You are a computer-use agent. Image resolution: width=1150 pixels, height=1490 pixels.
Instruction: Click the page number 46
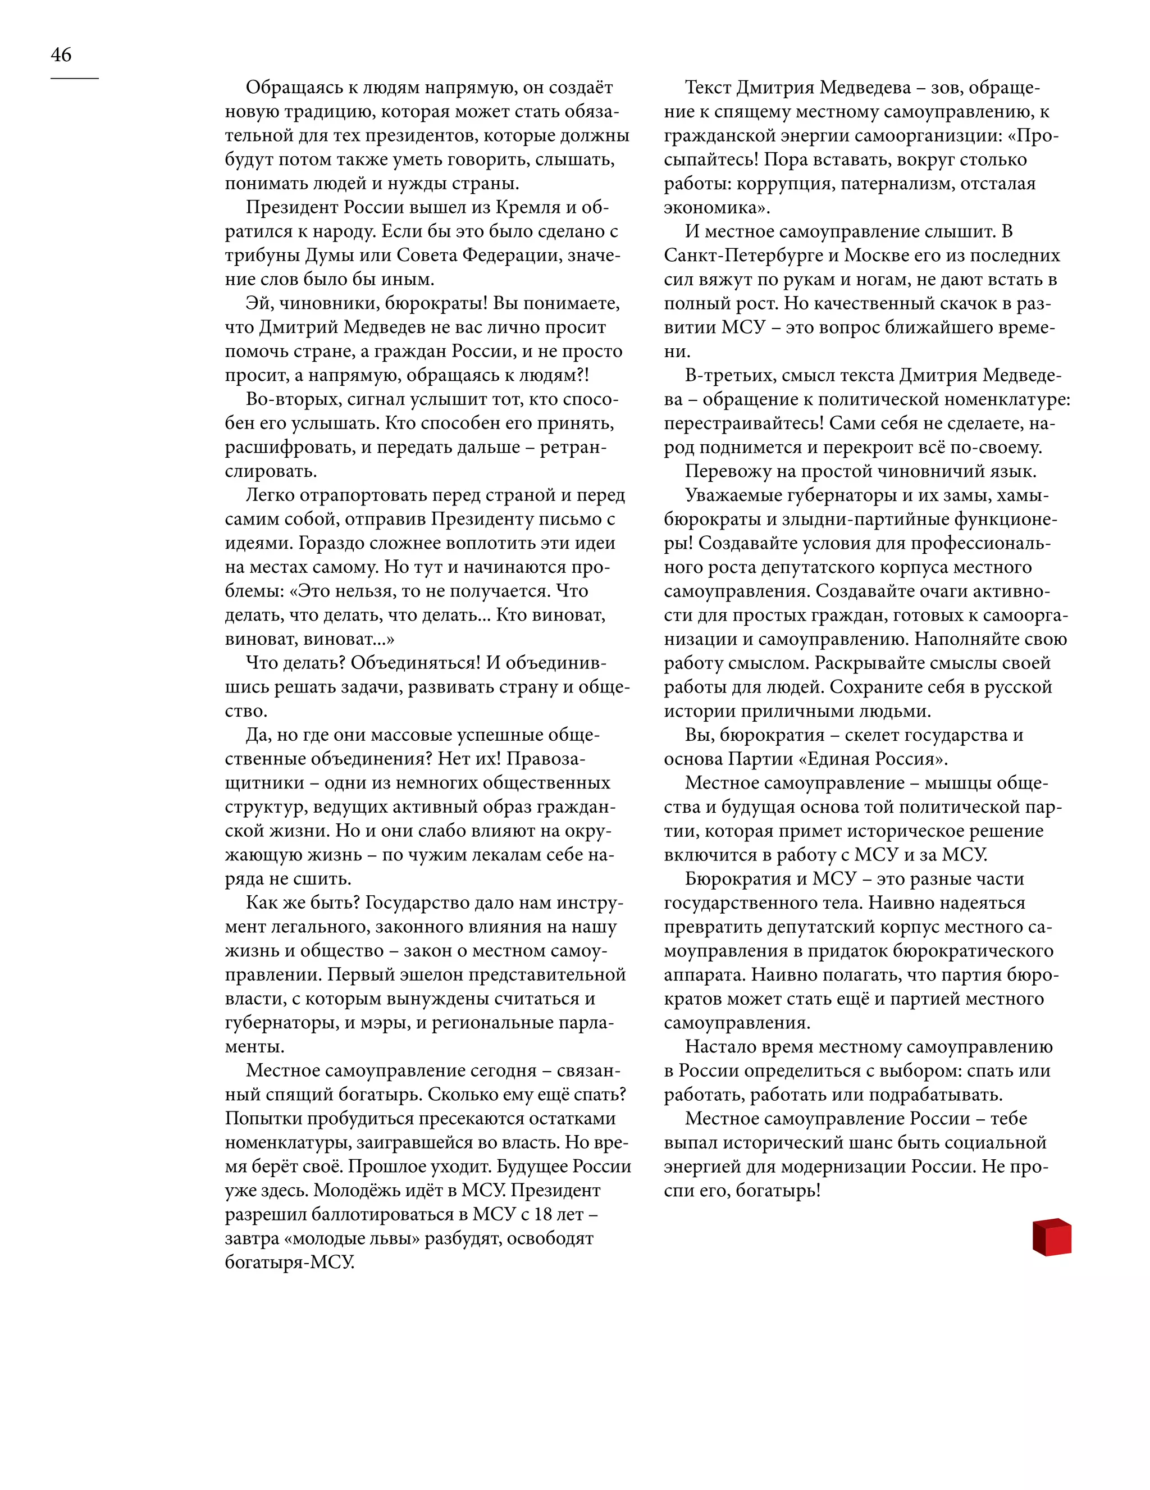61,54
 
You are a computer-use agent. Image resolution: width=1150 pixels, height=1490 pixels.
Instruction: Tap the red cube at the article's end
1051,1236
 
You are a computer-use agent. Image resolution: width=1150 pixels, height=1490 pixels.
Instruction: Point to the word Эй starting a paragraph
259,303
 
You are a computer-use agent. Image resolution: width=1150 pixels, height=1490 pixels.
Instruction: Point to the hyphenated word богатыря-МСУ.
290,1262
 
